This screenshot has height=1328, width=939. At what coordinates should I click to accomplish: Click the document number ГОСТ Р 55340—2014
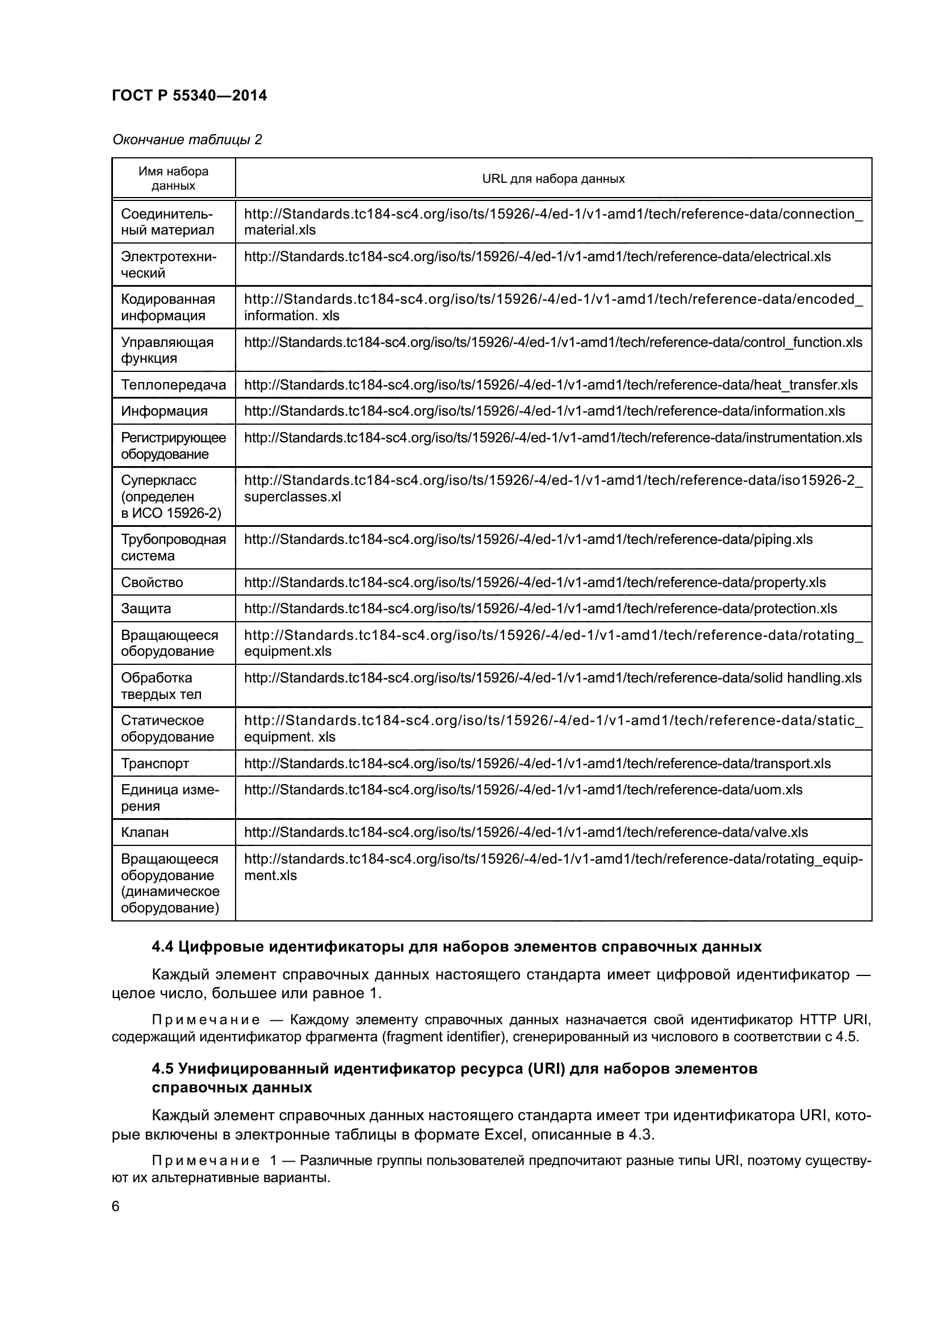[189, 95]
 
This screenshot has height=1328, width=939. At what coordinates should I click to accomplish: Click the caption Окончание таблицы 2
[187, 140]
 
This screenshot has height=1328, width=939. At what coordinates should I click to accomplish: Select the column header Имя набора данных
[174, 178]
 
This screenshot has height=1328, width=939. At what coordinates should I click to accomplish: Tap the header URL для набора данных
[553, 179]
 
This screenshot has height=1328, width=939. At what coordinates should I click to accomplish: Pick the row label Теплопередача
[173, 384]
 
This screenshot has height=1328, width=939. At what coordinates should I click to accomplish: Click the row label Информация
[164, 411]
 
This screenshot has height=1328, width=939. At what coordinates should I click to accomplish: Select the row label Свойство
[152, 583]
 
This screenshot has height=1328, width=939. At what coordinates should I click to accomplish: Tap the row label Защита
[146, 609]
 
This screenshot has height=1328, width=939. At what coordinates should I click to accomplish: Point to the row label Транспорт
[154, 764]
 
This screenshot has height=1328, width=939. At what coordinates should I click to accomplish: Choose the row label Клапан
[145, 832]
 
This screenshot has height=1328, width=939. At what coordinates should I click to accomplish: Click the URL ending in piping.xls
[528, 539]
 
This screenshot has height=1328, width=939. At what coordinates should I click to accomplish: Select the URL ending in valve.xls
[526, 832]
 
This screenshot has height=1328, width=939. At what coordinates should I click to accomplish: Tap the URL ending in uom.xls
[523, 790]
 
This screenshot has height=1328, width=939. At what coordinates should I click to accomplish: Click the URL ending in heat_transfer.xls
[551, 385]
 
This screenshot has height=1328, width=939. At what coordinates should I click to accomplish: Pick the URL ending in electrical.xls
[537, 257]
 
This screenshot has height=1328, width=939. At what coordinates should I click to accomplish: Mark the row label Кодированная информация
[167, 307]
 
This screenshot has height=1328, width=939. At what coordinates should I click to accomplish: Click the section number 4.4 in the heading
[162, 947]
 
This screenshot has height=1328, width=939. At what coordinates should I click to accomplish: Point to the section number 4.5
[162, 1069]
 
